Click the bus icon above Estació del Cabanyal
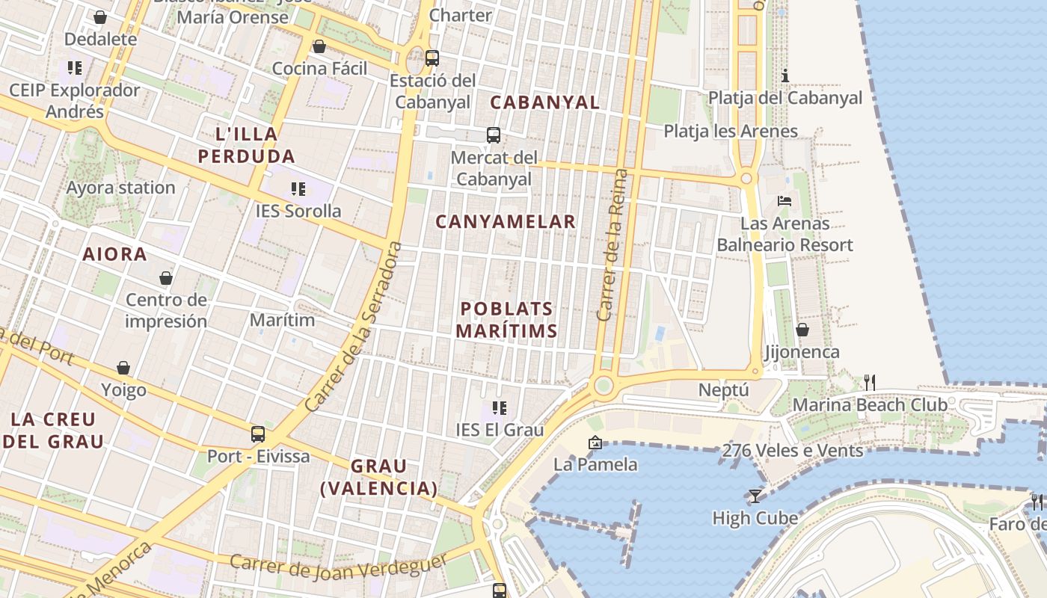[432, 58]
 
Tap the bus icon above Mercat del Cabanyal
[494, 135]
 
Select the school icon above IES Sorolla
[298, 189]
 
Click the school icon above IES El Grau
[500, 408]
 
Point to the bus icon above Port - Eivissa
[258, 434]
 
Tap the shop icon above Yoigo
[123, 368]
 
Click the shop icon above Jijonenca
[802, 330]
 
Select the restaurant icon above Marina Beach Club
[869, 383]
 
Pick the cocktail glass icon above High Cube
[755, 496]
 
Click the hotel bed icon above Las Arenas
[785, 201]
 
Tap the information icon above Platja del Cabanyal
[785, 75]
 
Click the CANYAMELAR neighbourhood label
[506, 222]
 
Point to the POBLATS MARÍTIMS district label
[507, 320]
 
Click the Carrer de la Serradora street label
[354, 327]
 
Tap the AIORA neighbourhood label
[115, 254]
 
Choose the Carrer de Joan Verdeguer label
[338, 565]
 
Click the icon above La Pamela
[595, 443]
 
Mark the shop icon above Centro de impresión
[166, 278]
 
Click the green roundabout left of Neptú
[603, 386]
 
